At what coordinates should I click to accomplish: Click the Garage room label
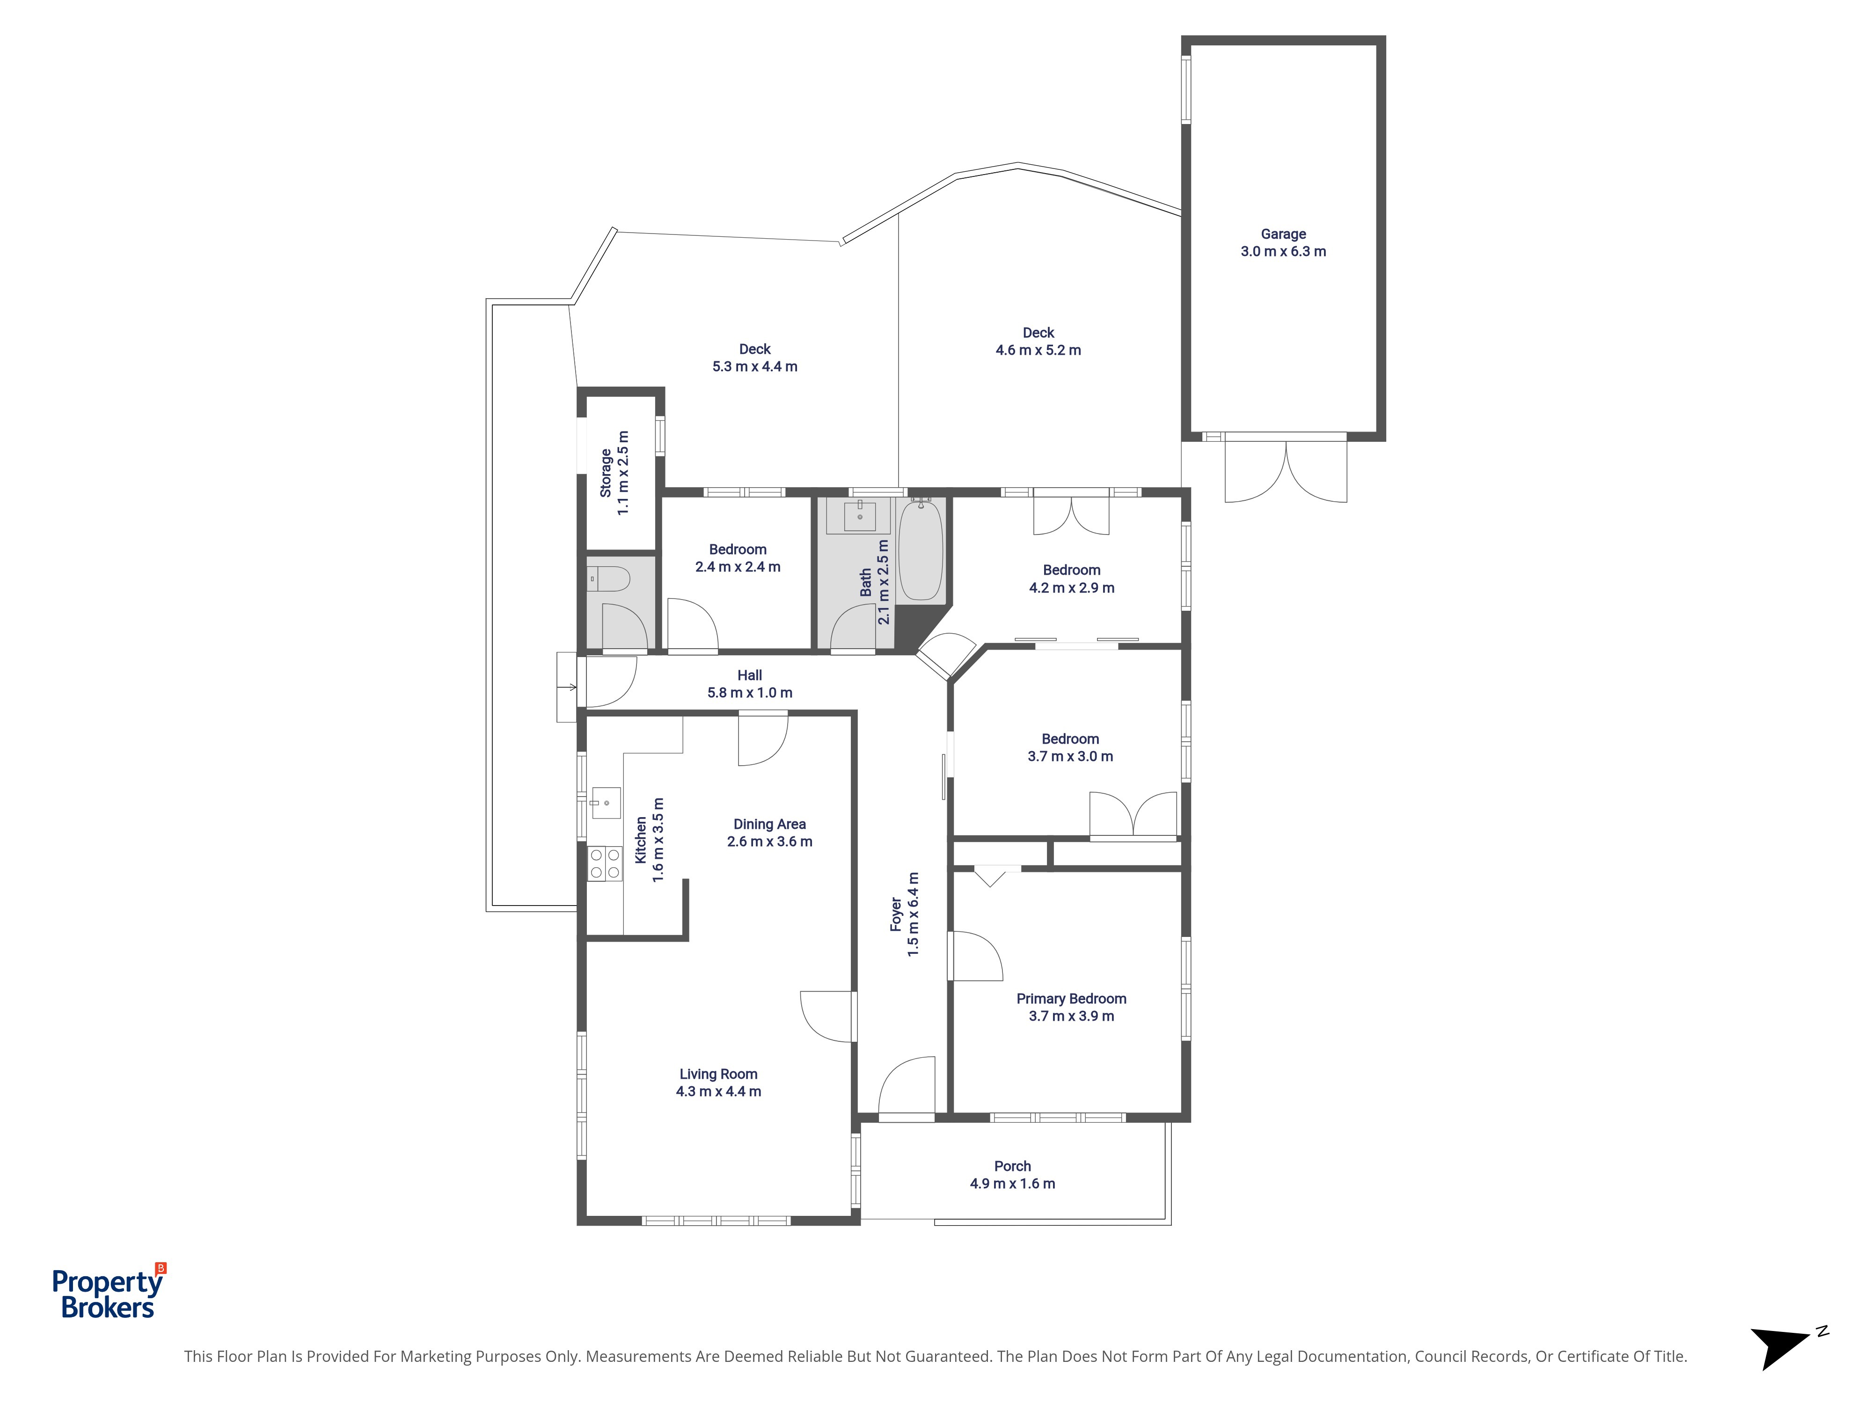tap(1283, 234)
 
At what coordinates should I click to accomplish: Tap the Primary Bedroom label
tap(1071, 999)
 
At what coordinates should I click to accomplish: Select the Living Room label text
tap(718, 1074)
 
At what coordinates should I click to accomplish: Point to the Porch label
tap(1012, 1166)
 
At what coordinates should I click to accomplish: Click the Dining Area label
tap(769, 824)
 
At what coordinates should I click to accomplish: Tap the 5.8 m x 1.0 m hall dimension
tap(750, 692)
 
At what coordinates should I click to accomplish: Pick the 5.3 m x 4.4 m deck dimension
tap(755, 366)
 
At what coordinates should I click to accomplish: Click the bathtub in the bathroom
tap(920, 550)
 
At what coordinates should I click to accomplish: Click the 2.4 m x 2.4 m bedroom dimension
tap(738, 567)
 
